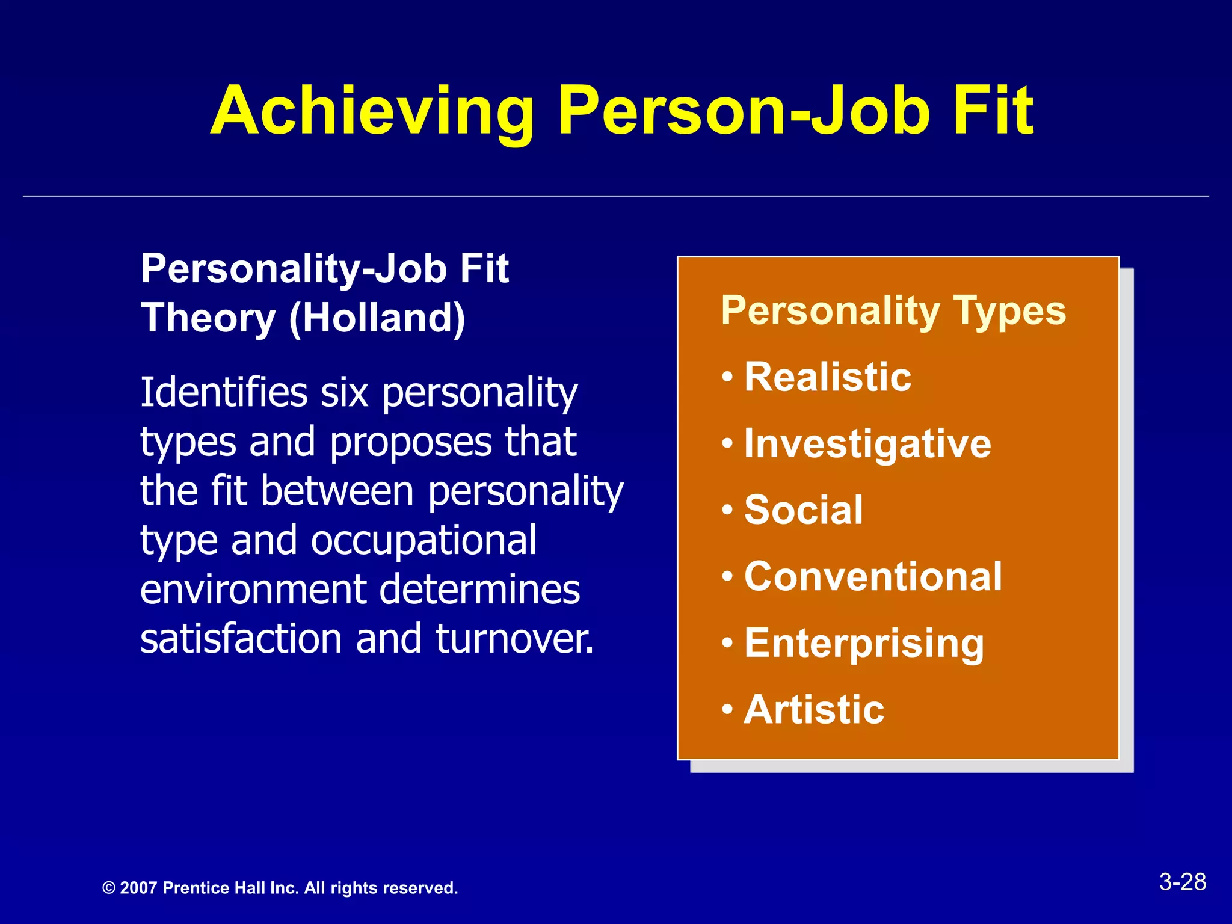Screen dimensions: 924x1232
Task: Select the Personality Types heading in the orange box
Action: tap(893, 311)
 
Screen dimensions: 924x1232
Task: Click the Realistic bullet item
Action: tap(828, 377)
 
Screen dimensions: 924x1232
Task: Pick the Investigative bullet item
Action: tap(867, 444)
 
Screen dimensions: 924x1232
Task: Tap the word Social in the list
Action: tap(804, 510)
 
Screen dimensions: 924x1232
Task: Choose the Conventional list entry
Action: tap(873, 576)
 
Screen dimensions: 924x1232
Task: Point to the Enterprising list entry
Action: tap(864, 644)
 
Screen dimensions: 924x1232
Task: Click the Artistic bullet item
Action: tap(814, 710)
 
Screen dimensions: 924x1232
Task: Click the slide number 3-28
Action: tap(1182, 882)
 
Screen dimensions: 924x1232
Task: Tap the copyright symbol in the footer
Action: tap(109, 889)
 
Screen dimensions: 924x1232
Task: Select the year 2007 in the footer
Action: tap(138, 889)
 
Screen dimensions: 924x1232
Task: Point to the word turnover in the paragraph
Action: tap(514, 639)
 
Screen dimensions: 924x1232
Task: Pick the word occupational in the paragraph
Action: tap(423, 540)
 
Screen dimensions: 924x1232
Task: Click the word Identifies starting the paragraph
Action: tap(224, 392)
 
